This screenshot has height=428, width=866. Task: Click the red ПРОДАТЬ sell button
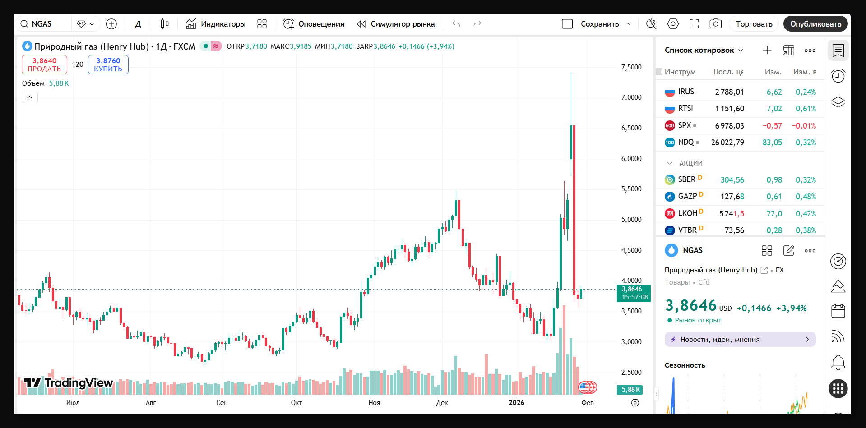point(44,64)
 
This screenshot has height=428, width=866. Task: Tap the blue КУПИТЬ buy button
point(108,64)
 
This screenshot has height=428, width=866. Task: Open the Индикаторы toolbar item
point(216,24)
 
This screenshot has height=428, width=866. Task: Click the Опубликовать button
point(815,24)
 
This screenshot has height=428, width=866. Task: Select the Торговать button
point(753,24)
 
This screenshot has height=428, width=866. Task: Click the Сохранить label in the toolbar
point(599,24)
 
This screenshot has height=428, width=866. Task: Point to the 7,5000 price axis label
point(631,67)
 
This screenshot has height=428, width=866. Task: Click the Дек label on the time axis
point(442,403)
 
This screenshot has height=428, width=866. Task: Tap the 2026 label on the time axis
point(516,403)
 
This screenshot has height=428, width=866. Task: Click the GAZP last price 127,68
point(732,197)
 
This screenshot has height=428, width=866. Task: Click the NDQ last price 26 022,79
point(727,143)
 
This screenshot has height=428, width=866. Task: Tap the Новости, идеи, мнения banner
point(740,340)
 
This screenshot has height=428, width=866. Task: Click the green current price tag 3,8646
point(633,293)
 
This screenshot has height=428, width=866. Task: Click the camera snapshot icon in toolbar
point(715,24)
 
